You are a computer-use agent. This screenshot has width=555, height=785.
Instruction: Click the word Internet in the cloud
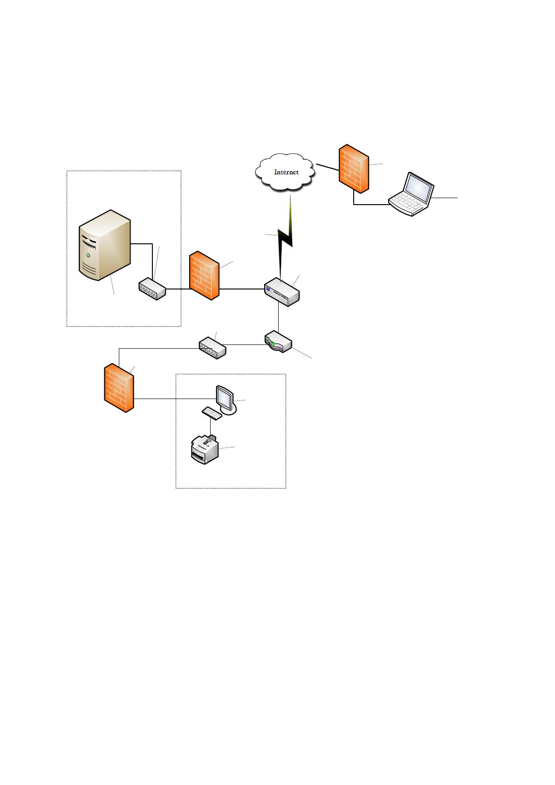(x=286, y=172)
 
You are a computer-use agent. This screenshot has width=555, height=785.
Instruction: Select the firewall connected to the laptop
(x=354, y=169)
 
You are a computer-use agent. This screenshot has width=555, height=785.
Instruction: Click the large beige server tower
(x=105, y=245)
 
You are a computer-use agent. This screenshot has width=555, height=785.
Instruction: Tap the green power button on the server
(x=88, y=255)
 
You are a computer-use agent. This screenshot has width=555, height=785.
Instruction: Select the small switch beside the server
(x=152, y=289)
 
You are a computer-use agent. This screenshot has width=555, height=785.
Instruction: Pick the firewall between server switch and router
(x=204, y=275)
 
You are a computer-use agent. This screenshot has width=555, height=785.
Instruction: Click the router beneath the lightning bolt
(x=282, y=292)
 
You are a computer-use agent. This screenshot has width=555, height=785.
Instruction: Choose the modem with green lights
(x=278, y=341)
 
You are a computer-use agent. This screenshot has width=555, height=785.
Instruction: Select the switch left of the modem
(x=212, y=348)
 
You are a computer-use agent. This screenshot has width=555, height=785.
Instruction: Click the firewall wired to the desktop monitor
(x=119, y=387)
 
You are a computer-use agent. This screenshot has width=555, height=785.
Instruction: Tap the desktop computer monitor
(x=226, y=400)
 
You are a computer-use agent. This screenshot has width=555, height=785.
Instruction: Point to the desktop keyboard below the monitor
(x=212, y=413)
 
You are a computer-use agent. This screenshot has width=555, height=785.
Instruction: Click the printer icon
(x=205, y=449)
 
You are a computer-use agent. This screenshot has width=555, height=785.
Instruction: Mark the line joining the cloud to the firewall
(x=328, y=167)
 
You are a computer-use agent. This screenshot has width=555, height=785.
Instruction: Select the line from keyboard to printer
(x=210, y=427)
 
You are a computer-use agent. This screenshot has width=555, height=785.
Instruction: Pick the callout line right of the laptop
(x=445, y=198)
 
